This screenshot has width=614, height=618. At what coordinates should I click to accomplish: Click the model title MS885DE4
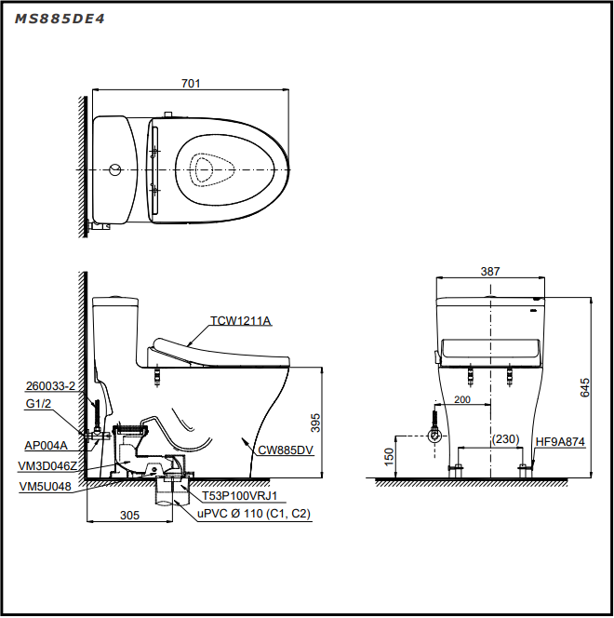[x=60, y=19]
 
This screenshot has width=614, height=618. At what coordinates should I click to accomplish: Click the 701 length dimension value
[x=191, y=84]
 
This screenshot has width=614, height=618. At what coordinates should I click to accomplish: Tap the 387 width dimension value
[x=490, y=272]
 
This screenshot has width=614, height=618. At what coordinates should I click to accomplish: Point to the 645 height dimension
[x=585, y=387]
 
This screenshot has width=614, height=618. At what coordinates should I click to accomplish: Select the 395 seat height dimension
[x=315, y=423]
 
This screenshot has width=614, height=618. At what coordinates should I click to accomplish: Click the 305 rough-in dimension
[x=129, y=516]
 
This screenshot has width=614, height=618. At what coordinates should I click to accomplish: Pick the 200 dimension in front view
[x=462, y=399]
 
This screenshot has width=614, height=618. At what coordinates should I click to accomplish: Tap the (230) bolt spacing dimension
[x=506, y=438]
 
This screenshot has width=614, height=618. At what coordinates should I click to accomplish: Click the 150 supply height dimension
[x=389, y=457]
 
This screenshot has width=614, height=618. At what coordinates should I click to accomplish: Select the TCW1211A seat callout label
[x=241, y=321]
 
